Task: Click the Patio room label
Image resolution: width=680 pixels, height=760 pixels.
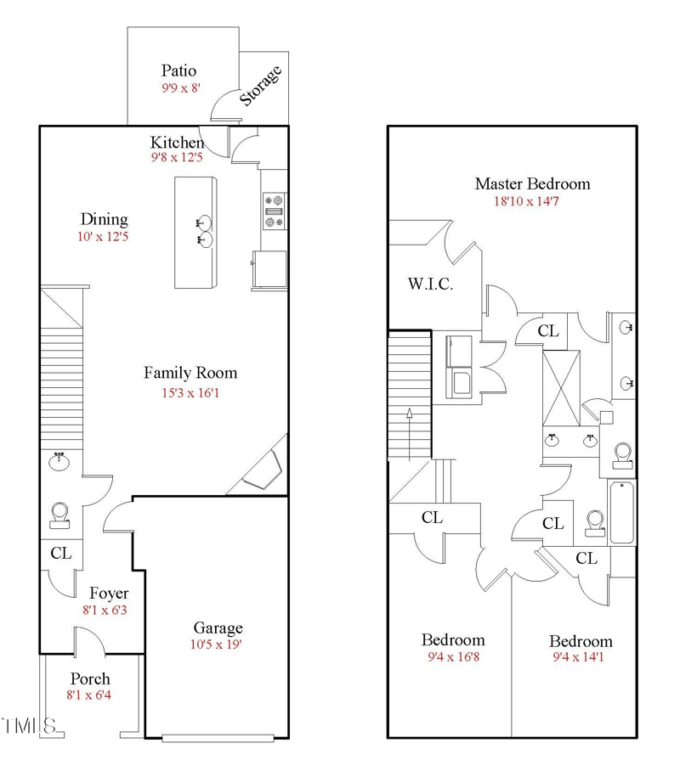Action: pyautogui.click(x=179, y=70)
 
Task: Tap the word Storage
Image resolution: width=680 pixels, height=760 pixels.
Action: pyautogui.click(x=260, y=85)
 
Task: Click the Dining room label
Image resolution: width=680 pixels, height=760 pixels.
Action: pyautogui.click(x=104, y=219)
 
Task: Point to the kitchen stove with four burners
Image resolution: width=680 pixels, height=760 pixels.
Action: pyautogui.click(x=274, y=211)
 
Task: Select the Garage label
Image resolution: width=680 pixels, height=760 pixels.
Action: pyautogui.click(x=218, y=628)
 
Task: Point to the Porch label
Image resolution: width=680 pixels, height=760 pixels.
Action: pyautogui.click(x=90, y=678)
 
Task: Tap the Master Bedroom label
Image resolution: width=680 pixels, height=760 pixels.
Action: pyautogui.click(x=532, y=183)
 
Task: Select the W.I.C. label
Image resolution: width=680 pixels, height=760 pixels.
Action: pyautogui.click(x=429, y=284)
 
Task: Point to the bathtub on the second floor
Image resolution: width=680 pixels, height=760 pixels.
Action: pyautogui.click(x=621, y=512)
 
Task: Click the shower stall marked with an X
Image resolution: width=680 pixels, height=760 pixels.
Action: pyautogui.click(x=561, y=387)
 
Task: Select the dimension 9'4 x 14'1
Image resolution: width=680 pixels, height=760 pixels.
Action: pyautogui.click(x=580, y=657)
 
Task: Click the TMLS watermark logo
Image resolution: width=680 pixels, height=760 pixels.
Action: pyautogui.click(x=29, y=727)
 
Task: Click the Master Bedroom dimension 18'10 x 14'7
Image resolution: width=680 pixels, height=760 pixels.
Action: pyautogui.click(x=532, y=202)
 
